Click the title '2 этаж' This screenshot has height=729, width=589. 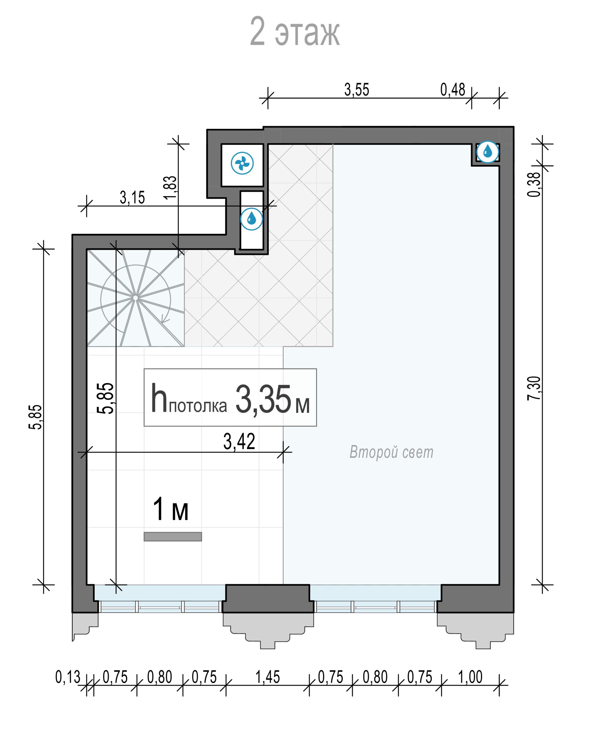294,31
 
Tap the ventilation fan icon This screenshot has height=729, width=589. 242,163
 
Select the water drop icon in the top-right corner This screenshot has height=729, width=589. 487,152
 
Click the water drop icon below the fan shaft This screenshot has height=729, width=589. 251,219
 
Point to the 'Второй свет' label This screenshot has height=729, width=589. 391,452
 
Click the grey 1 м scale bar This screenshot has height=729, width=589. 173,537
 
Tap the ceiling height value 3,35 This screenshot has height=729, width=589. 263,399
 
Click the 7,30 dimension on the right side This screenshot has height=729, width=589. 534,388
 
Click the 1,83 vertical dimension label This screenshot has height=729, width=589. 170,187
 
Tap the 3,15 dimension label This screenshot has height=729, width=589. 132,198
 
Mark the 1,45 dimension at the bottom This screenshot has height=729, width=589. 267,677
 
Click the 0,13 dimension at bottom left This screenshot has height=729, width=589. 67,677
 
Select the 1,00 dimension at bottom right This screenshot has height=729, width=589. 470,677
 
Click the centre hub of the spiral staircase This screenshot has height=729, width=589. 135,298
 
